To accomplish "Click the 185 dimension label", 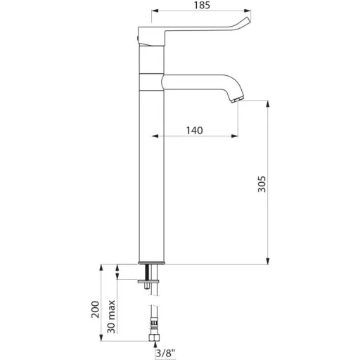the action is [x=202, y=5].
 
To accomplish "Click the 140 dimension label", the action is [x=194, y=130].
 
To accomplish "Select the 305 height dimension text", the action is [x=262, y=184].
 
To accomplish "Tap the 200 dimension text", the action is [x=95, y=309].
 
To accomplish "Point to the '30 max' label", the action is [x=111, y=316].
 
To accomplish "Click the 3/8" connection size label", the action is [x=166, y=353].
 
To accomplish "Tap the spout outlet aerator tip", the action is [x=238, y=100].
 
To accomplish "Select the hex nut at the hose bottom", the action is [x=155, y=337].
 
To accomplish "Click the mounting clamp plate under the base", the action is [x=148, y=281].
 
